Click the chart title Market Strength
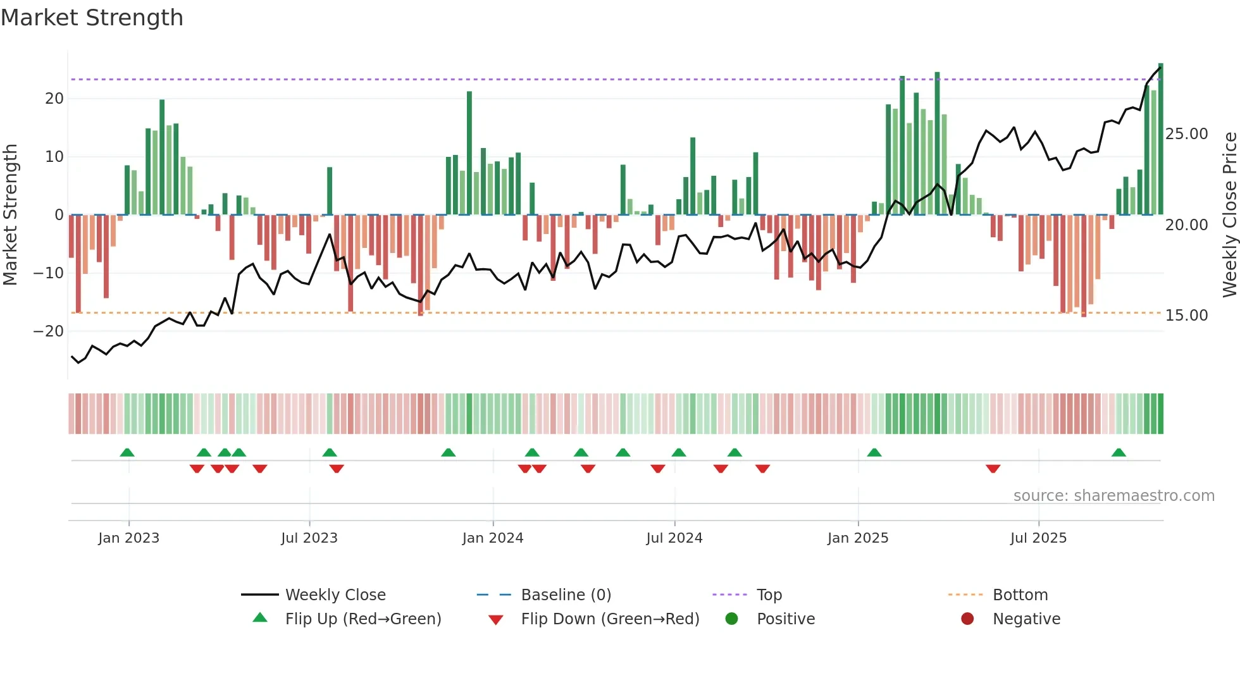(92, 18)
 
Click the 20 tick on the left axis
(54, 99)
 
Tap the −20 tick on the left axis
(49, 331)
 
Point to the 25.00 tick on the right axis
(1186, 134)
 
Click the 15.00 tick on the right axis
(1186, 316)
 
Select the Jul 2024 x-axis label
(674, 538)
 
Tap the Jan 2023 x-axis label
(128, 538)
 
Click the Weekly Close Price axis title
(1229, 214)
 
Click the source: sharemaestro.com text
(1113, 496)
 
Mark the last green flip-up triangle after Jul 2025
(1119, 453)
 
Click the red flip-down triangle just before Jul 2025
(993, 469)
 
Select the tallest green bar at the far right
(1160, 139)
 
